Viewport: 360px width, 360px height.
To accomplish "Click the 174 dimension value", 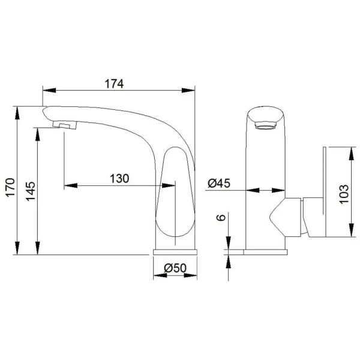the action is click(x=114, y=84).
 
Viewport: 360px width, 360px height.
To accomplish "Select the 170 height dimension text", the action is click(x=10, y=187).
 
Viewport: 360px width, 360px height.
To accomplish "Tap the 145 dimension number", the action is click(x=31, y=191).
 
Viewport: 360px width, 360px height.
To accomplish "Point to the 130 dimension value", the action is click(x=119, y=179).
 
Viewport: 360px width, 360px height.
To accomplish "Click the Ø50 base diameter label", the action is click(x=175, y=268).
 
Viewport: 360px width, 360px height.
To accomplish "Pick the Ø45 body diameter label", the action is click(x=219, y=183).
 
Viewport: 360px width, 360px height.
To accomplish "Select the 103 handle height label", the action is click(x=344, y=194).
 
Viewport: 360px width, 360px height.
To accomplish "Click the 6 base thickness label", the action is click(x=221, y=217).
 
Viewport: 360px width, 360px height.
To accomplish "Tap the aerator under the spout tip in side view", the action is click(x=65, y=125).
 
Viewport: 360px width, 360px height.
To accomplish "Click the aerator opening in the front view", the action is click(x=265, y=125).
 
